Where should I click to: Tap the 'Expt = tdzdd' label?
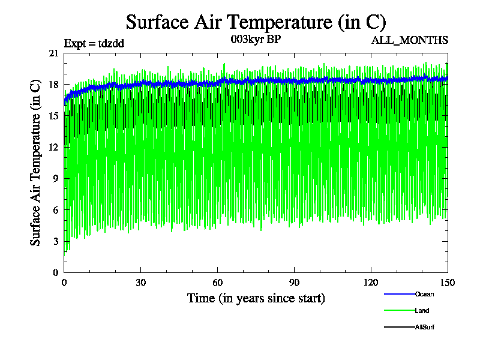(94, 43)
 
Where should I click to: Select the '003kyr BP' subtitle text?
(256, 40)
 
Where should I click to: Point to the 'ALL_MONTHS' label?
(410, 40)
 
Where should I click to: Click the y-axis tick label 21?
(54, 53)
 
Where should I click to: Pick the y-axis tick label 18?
(54, 85)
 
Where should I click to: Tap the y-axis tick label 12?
(54, 147)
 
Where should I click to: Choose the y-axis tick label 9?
(56, 178)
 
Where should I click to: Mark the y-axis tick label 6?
(56, 210)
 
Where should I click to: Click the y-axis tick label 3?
(56, 241)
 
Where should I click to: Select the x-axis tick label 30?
(141, 283)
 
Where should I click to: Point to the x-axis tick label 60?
(218, 283)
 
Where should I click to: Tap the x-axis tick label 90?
(295, 283)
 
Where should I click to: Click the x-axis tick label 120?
(371, 283)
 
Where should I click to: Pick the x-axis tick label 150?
(448, 283)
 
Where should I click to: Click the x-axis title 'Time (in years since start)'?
(256, 298)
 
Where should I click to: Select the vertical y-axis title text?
(37, 163)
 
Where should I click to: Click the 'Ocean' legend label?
(424, 294)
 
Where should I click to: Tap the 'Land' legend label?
(422, 311)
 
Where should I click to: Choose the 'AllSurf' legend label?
(424, 327)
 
